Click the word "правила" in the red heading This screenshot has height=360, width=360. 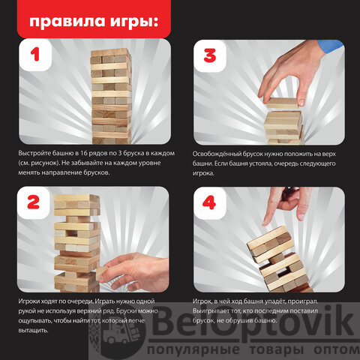tap(67, 22)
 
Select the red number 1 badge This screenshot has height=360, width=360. tap(35, 55)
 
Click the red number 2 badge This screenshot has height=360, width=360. tap(34, 202)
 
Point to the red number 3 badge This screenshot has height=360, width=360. tap(210, 55)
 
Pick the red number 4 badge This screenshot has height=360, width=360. tap(209, 202)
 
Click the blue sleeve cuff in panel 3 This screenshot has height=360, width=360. tap(330, 46)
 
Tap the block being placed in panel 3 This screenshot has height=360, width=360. tap(282, 103)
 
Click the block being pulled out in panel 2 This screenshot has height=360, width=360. tap(101, 273)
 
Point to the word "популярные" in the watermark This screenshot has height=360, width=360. tap(193, 349)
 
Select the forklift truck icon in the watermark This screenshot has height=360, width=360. tap(121, 332)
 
